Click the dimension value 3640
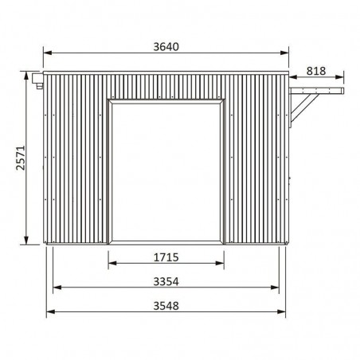coord(166,47)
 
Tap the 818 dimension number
coord(316,71)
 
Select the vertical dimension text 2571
coord(21,158)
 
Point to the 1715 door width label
coord(166,257)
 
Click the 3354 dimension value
coord(166,281)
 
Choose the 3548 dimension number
coord(166,306)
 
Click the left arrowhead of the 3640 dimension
coord(47,53)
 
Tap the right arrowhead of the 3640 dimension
coord(284,53)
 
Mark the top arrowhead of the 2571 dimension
coord(26,76)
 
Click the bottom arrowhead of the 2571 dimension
coord(26,241)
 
